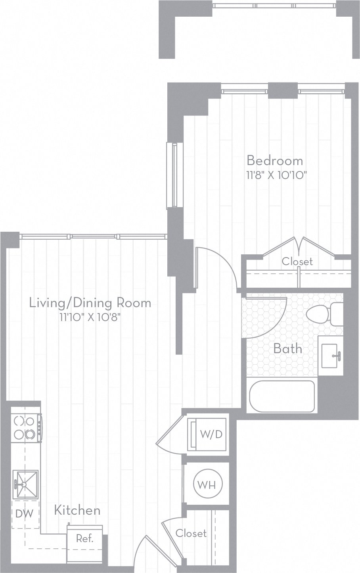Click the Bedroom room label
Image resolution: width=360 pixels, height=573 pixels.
click(x=275, y=161)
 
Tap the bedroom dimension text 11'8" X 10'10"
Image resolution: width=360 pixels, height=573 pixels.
click(x=277, y=175)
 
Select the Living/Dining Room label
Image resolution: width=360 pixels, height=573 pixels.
click(x=90, y=303)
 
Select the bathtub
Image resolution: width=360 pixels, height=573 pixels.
click(x=282, y=396)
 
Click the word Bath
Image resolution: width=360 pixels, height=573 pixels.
click(x=288, y=349)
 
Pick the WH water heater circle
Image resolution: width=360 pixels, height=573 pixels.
click(x=207, y=484)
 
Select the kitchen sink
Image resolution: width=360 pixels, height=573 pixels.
click(x=25, y=484)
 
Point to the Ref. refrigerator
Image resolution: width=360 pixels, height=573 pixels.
click(x=85, y=539)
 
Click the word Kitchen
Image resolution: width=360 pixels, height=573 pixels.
click(x=77, y=510)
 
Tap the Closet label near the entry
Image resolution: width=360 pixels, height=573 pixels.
click(x=191, y=533)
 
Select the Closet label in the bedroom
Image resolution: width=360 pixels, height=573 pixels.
click(x=297, y=262)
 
